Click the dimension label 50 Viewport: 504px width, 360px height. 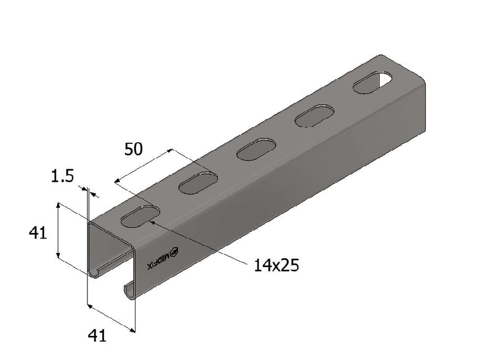pos(133,149)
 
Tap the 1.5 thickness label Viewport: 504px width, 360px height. pos(62,177)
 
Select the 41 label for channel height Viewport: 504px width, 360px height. pos(38,232)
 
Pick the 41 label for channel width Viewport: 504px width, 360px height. pos(97,336)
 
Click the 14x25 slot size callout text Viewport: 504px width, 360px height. pos(276,265)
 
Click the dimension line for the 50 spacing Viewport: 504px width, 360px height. pos(143,166)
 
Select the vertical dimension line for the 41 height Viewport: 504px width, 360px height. pos(58,231)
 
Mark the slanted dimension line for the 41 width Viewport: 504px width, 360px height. pos(111,319)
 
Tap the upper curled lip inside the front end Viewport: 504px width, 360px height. pos(98,272)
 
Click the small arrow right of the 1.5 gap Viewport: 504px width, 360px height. pos(95,195)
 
